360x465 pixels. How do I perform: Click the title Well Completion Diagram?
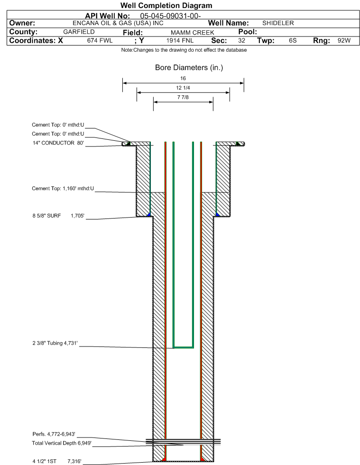(166, 5)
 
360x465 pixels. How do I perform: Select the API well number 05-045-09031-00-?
(170, 16)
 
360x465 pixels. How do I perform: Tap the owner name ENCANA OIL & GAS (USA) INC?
(118, 23)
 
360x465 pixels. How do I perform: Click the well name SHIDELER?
(278, 23)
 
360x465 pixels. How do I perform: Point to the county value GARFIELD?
(79, 32)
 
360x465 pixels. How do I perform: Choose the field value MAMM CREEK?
(192, 32)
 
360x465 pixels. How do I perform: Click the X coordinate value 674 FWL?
(100, 41)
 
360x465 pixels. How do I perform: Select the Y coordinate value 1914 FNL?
(180, 41)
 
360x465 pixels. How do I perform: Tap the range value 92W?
(344, 41)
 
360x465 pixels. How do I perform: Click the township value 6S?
(293, 41)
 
